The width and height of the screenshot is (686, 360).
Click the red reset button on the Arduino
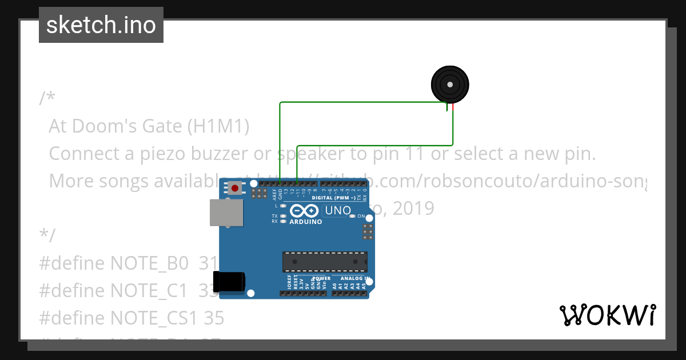234,187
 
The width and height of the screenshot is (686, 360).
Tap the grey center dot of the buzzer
450,85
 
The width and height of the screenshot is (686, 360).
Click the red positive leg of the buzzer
453,107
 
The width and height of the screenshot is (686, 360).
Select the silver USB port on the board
226,213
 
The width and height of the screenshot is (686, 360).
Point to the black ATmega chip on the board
325,261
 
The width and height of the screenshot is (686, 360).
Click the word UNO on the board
338,210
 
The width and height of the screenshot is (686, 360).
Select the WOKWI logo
607,315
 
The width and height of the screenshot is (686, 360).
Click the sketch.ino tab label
101,25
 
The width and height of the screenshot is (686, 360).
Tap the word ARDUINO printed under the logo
306,222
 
